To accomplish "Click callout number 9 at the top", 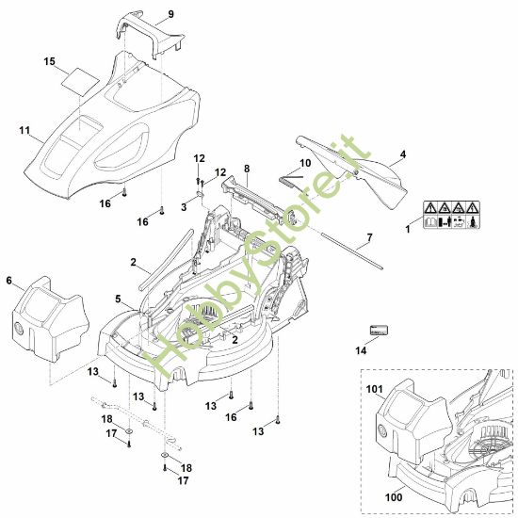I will click(171, 14).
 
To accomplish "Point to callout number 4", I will click(403, 154).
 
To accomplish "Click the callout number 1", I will click(407, 228).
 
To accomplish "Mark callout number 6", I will click(9, 281).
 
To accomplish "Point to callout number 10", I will click(303, 163).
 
